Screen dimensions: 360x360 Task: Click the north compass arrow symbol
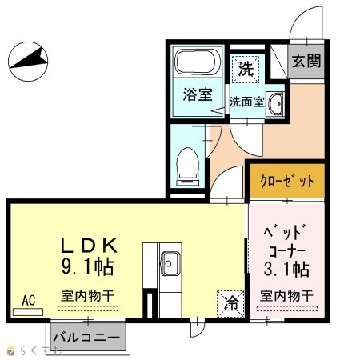point(28,62)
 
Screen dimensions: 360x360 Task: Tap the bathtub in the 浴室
point(198,62)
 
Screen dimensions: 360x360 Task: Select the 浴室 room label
point(198,94)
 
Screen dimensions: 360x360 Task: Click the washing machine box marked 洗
point(246,69)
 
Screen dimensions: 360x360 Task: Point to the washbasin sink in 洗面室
point(275,104)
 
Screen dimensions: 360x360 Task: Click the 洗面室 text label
point(247,102)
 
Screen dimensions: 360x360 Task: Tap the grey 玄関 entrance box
point(306,61)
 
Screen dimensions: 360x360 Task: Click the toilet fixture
point(188,166)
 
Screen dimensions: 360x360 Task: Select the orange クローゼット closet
point(287,182)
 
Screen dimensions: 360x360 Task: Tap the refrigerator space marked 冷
point(230,304)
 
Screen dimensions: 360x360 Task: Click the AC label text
point(29,301)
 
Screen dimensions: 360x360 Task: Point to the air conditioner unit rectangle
point(28,312)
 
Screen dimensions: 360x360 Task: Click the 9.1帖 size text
point(88,266)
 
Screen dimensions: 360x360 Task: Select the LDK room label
point(90,246)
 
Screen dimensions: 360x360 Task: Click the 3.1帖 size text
point(286,269)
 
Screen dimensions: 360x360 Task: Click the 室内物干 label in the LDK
point(88,296)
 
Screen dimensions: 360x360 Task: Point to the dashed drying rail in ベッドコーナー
point(287,309)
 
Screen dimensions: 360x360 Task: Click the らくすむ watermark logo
point(34,350)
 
